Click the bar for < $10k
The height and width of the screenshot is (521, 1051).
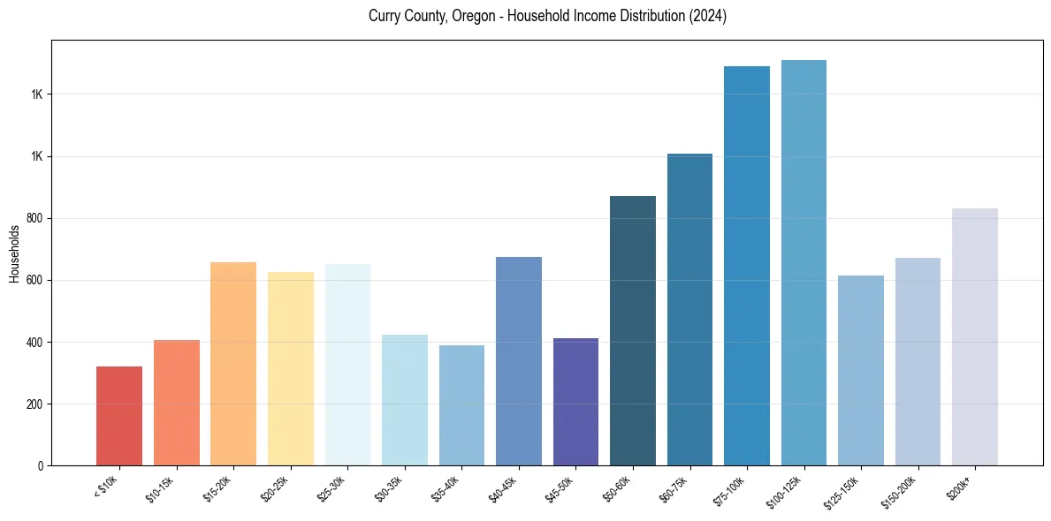tap(119, 416)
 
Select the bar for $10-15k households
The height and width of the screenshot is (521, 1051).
tap(176, 403)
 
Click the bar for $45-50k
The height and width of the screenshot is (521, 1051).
tap(575, 402)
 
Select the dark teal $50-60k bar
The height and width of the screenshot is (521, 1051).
tap(633, 331)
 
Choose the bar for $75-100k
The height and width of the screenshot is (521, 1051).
tap(747, 266)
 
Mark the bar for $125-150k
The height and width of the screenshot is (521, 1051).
tap(861, 371)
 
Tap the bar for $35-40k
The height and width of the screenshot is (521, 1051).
tap(461, 405)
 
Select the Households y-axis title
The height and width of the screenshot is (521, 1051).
tap(15, 253)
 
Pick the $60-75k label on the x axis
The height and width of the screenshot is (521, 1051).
tap(675, 488)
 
